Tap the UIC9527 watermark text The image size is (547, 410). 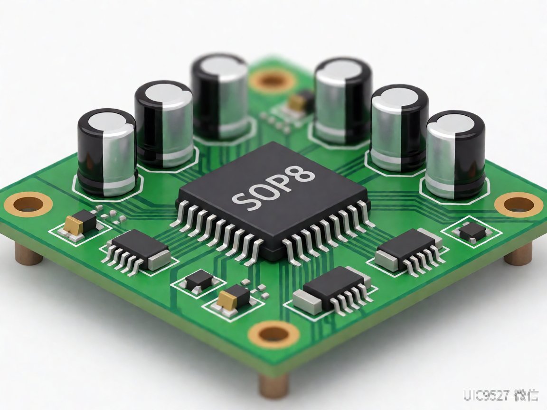501,395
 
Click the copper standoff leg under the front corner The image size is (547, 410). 274,387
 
